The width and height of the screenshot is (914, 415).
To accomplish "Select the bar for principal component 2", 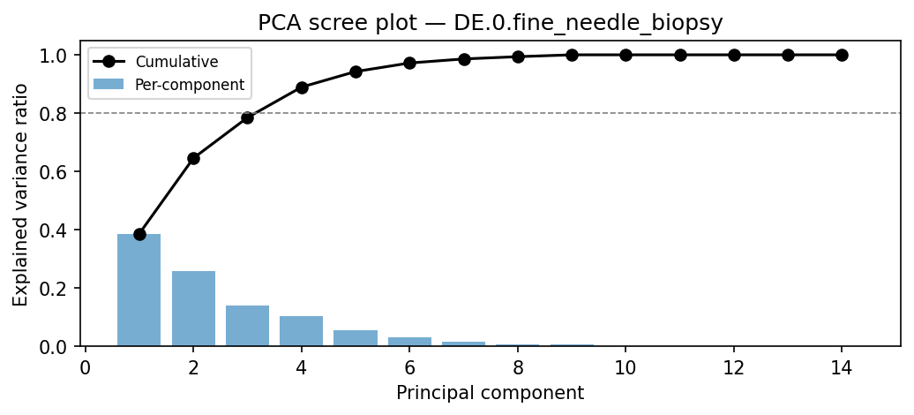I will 193,308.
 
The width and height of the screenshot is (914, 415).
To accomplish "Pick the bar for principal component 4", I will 302,331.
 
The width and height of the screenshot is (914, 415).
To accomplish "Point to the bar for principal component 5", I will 356,338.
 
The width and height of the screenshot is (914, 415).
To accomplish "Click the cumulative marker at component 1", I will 139,234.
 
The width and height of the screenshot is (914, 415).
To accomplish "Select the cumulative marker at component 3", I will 247,117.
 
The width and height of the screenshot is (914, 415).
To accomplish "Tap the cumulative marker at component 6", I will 409,63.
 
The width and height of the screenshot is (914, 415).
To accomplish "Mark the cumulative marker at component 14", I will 842,55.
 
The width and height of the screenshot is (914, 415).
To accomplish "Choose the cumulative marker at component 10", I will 626,55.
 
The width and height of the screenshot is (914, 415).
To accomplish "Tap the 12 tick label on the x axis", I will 734,366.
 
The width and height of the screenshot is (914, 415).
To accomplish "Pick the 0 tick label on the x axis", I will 86,366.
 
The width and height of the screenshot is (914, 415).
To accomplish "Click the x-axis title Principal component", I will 490,393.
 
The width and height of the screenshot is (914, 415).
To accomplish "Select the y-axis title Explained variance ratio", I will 20,194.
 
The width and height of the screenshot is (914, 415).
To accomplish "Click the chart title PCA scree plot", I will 490,23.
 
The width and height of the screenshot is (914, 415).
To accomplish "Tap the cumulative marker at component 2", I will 193,158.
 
